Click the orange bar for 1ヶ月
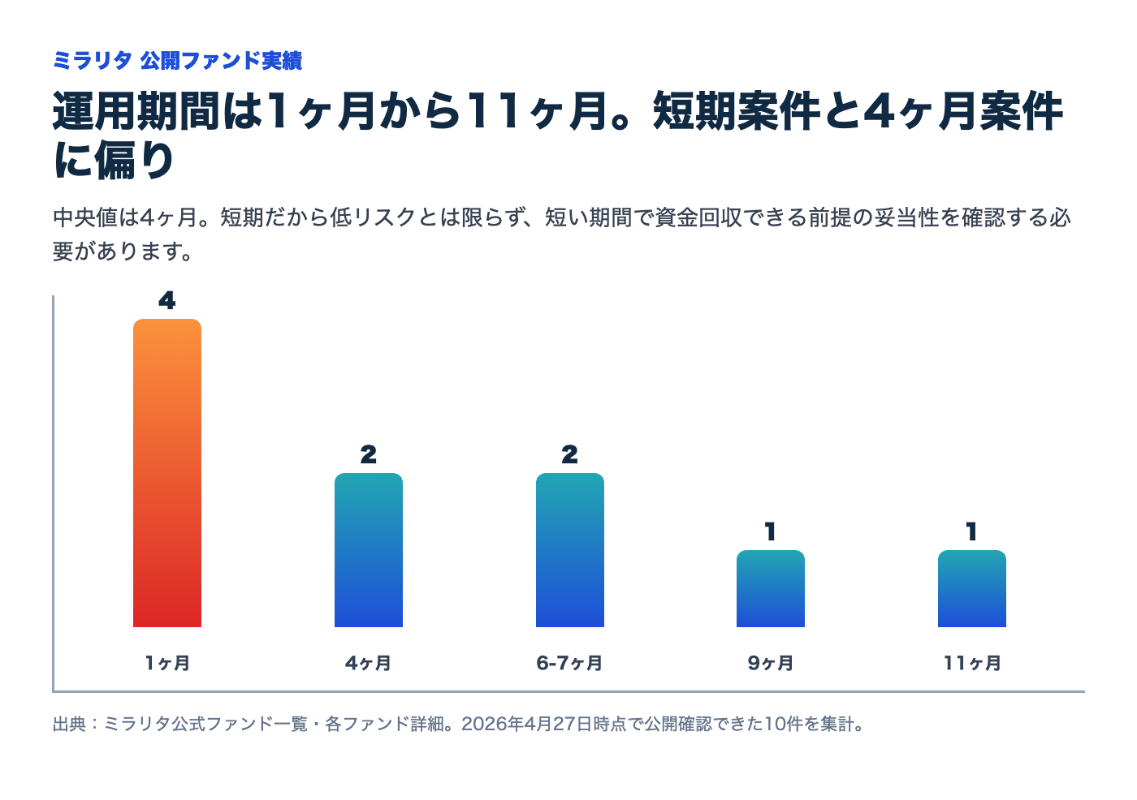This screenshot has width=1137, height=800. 167,473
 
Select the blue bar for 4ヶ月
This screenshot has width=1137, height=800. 369,550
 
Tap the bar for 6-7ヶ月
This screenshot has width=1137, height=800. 570,550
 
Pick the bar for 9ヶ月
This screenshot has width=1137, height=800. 771,588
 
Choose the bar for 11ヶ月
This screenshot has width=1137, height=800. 972,588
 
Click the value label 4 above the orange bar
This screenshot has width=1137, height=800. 167,301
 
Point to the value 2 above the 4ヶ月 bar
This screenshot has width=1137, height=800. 369,455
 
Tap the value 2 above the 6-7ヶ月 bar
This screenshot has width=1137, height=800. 570,455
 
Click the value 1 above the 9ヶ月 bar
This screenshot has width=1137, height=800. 771,532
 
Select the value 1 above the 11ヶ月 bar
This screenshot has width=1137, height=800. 972,532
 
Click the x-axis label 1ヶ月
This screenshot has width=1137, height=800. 167,663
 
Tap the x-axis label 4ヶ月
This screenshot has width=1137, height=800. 369,663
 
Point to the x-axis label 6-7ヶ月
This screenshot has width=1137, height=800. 570,663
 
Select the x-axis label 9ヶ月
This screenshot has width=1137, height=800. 771,663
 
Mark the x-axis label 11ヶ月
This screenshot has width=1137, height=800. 972,663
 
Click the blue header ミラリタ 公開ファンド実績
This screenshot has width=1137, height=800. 177,61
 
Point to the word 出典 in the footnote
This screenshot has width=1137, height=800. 69,724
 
